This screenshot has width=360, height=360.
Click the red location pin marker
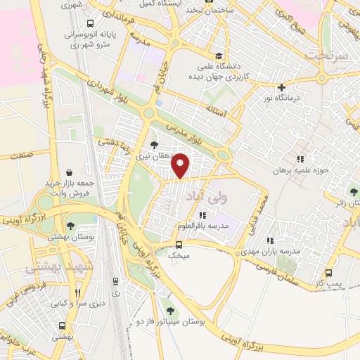pyautogui.click(x=181, y=165)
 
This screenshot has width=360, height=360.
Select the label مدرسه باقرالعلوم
pyautogui.click(x=202, y=227)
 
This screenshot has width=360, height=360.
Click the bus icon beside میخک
pyautogui.click(x=179, y=245)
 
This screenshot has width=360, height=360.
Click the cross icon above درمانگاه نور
pyautogui.click(x=282, y=88)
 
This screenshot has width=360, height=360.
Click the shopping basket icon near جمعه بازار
pyautogui.click(x=70, y=170)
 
